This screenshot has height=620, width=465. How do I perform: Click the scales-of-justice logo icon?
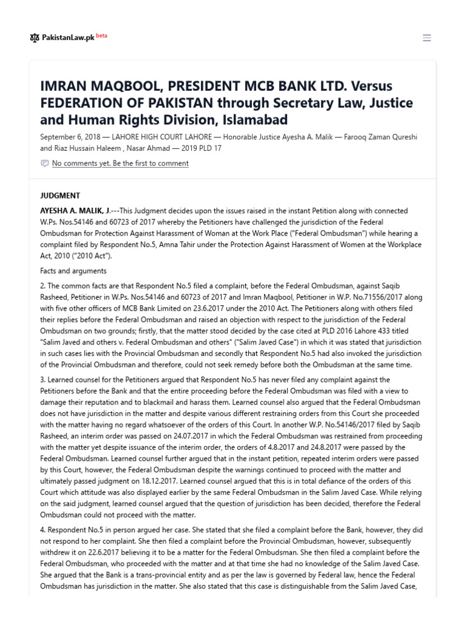(34, 38)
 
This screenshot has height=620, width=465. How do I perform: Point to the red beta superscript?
(102, 35)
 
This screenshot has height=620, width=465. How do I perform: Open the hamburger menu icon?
(427, 38)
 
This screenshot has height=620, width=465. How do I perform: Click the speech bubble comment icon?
(44, 163)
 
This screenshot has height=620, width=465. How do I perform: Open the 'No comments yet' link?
(120, 163)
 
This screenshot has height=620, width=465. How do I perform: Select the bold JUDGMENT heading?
(60, 196)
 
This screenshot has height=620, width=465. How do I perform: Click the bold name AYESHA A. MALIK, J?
(76, 211)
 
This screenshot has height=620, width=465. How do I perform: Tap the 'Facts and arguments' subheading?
(73, 271)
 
